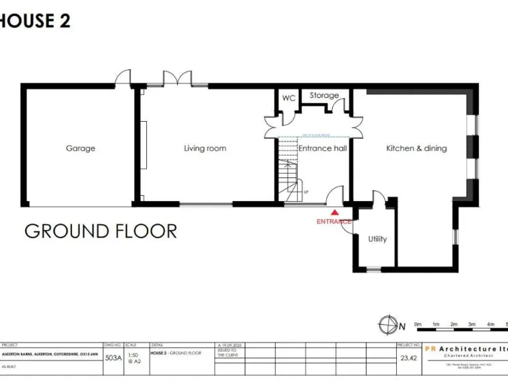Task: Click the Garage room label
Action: pos(80,149)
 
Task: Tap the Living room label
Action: pos(205,149)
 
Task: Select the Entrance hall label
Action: pos(322,149)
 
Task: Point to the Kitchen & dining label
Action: pos(416,149)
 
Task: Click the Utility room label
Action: pos(378,239)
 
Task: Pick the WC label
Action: pos(288,98)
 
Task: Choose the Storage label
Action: pos(324,96)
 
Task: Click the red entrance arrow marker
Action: pos(335,213)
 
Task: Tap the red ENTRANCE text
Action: pos(334,222)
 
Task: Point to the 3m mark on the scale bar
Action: pos(472,324)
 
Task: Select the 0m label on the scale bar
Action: pos(417,324)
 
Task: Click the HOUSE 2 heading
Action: pos(34,21)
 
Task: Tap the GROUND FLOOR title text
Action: pos(101,232)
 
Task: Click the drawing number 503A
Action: pos(113,358)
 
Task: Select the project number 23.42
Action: pos(408,358)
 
